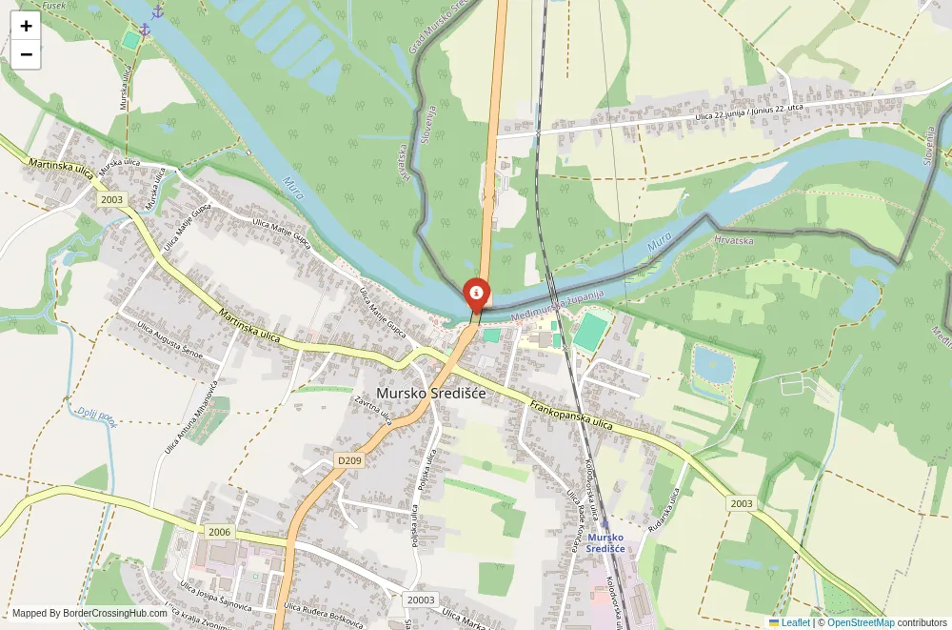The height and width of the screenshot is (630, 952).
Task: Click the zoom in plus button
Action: [x=26, y=26]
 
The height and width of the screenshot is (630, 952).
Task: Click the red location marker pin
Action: [x=476, y=293]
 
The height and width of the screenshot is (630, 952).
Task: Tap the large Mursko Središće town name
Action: [x=430, y=393]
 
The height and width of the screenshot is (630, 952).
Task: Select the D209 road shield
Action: [x=350, y=460]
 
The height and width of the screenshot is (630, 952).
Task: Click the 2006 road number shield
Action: [x=219, y=532]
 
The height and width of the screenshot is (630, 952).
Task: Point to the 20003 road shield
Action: [x=420, y=600]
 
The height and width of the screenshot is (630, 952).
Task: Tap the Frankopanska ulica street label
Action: [x=571, y=417]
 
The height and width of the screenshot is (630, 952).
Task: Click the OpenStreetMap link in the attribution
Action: [x=861, y=622]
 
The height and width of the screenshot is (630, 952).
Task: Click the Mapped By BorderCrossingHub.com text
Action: [x=89, y=613]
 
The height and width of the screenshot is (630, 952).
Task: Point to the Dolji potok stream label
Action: [x=97, y=417]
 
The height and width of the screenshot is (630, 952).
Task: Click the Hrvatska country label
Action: [x=734, y=240]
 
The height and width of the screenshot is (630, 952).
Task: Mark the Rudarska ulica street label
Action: [x=664, y=511]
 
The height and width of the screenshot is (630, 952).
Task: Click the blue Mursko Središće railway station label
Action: [x=605, y=542]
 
